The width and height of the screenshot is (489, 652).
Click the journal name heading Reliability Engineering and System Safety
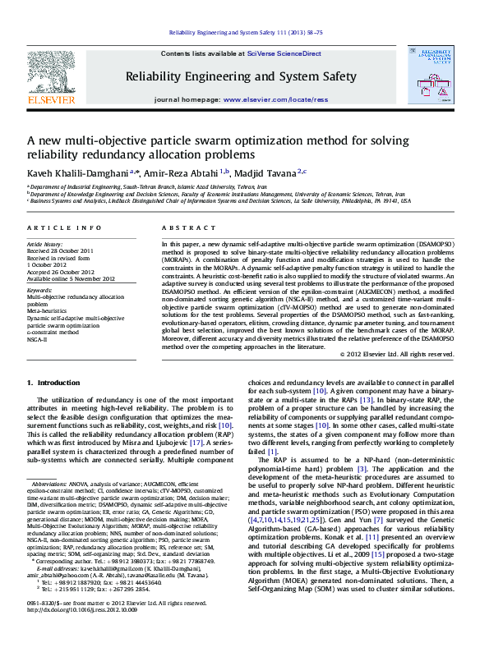[240, 77]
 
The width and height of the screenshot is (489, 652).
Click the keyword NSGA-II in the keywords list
[37, 338]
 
